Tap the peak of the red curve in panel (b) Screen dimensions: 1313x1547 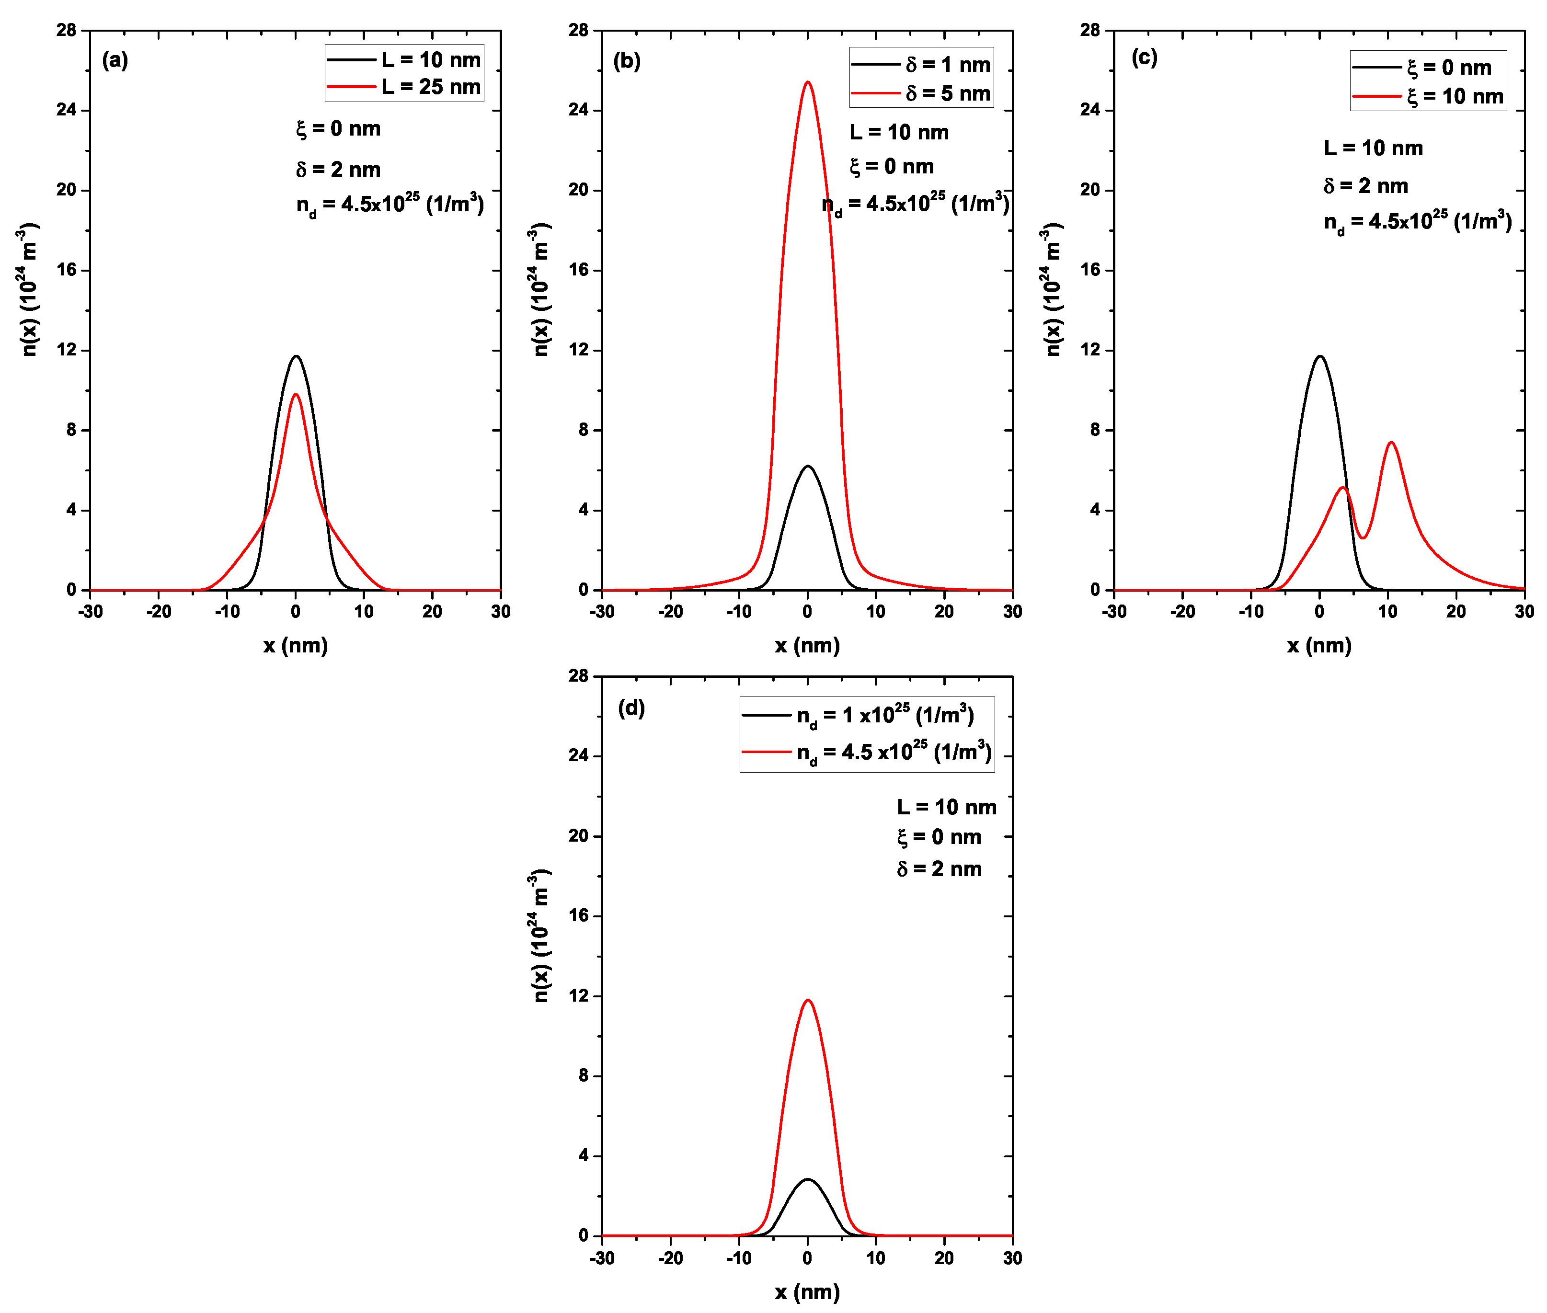pos(808,82)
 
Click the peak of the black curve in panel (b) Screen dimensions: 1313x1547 pos(808,467)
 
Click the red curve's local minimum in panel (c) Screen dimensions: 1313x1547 pos(1363,537)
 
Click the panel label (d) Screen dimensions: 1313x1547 pos(631,708)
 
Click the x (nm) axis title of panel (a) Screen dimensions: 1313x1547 pos(296,645)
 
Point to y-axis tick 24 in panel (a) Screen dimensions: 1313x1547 pos(67,110)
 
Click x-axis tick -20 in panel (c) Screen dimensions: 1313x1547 pos(1182,612)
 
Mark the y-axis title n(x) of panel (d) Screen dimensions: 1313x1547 pos(540,936)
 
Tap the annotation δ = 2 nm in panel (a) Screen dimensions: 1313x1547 pos(338,170)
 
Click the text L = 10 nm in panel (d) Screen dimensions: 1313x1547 pos(946,807)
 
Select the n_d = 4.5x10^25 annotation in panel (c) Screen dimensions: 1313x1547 pos(1417,222)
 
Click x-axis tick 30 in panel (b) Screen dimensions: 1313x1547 pos(1012,612)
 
